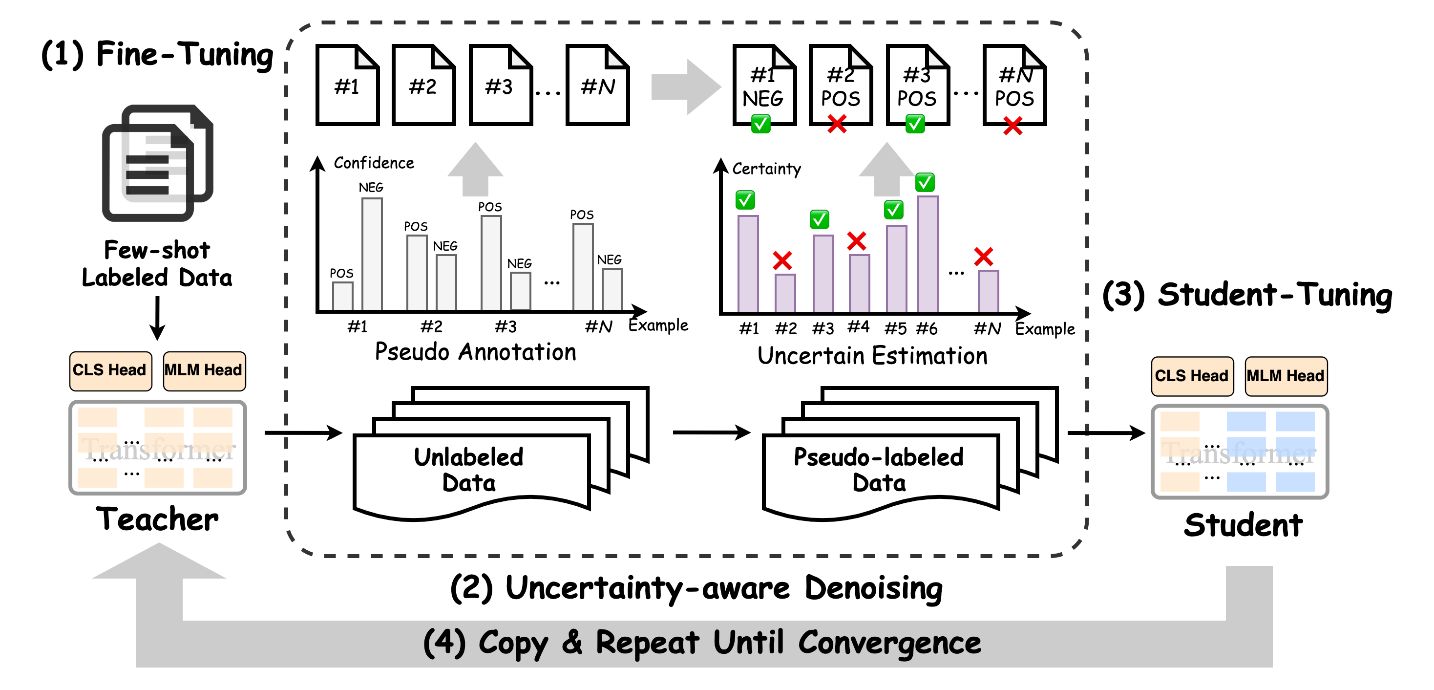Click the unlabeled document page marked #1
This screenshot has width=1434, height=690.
347,86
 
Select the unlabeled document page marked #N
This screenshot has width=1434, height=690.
597,86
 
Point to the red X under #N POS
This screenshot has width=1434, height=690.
1012,126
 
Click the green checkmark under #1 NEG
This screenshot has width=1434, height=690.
761,124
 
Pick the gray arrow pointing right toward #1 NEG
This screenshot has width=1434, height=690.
686,87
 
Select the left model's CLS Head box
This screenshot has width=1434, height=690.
110,370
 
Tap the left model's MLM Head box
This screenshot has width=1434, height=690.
204,370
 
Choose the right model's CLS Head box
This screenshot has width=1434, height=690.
1192,376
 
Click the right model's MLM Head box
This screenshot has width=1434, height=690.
1286,376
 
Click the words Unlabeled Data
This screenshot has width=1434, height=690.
469,470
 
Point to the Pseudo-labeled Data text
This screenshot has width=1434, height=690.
879,470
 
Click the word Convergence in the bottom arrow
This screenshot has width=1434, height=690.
889,643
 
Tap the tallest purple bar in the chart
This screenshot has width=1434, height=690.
928,254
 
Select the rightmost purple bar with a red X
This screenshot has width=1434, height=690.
988,290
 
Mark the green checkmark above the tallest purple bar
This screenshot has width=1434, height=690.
925,182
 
